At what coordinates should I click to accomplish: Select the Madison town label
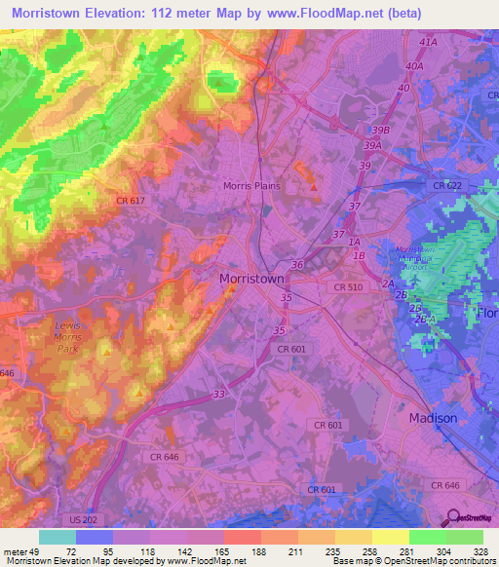pyautogui.click(x=433, y=418)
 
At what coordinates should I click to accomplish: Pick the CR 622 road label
pyautogui.click(x=448, y=184)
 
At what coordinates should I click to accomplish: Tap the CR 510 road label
pyautogui.click(x=349, y=286)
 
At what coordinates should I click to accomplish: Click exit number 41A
pyautogui.click(x=426, y=44)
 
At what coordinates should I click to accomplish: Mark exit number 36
pyautogui.click(x=297, y=264)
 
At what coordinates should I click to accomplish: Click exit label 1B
pyautogui.click(x=359, y=255)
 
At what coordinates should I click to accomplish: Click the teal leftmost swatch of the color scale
pyautogui.click(x=58, y=537)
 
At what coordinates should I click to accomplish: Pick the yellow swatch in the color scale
pyautogui.click(x=390, y=537)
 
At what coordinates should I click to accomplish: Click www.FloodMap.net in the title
pyautogui.click(x=304, y=13)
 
